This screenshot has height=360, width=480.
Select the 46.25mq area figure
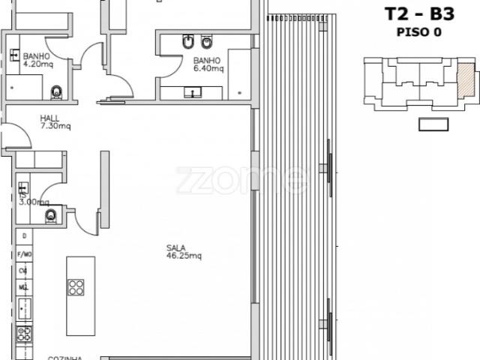click(x=184, y=256)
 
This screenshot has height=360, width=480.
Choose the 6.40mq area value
click(x=208, y=69)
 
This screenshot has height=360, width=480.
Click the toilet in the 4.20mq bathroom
click(x=56, y=92)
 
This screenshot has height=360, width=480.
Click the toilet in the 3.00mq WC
click(x=51, y=217)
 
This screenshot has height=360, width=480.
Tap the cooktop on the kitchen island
click(x=76, y=287)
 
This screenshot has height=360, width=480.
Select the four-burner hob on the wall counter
click(x=24, y=331)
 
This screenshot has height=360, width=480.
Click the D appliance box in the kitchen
click(x=24, y=236)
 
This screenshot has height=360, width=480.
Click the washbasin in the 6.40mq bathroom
click(x=194, y=93)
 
